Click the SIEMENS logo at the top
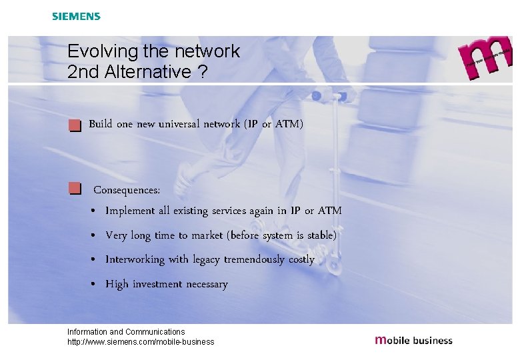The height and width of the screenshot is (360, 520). click(76, 16)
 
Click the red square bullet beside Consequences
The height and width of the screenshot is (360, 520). click(75, 188)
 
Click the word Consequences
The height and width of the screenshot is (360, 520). click(127, 190)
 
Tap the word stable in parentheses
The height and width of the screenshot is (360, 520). click(321, 235)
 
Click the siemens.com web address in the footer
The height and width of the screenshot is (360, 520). click(141, 342)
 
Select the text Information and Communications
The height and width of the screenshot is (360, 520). click(126, 331)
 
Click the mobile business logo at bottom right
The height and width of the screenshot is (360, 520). click(413, 340)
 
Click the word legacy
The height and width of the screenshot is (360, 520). click(205, 259)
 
